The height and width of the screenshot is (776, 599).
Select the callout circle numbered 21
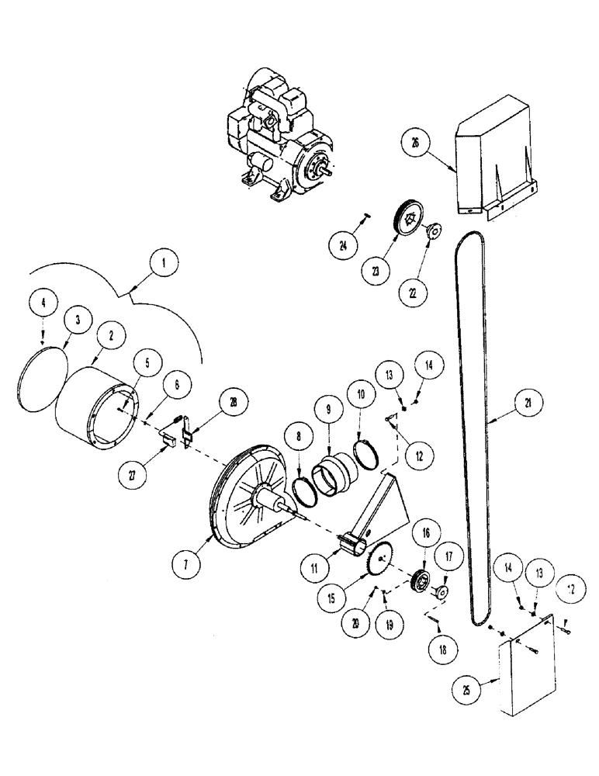(528, 404)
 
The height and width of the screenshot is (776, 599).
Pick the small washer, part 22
(433, 231)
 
